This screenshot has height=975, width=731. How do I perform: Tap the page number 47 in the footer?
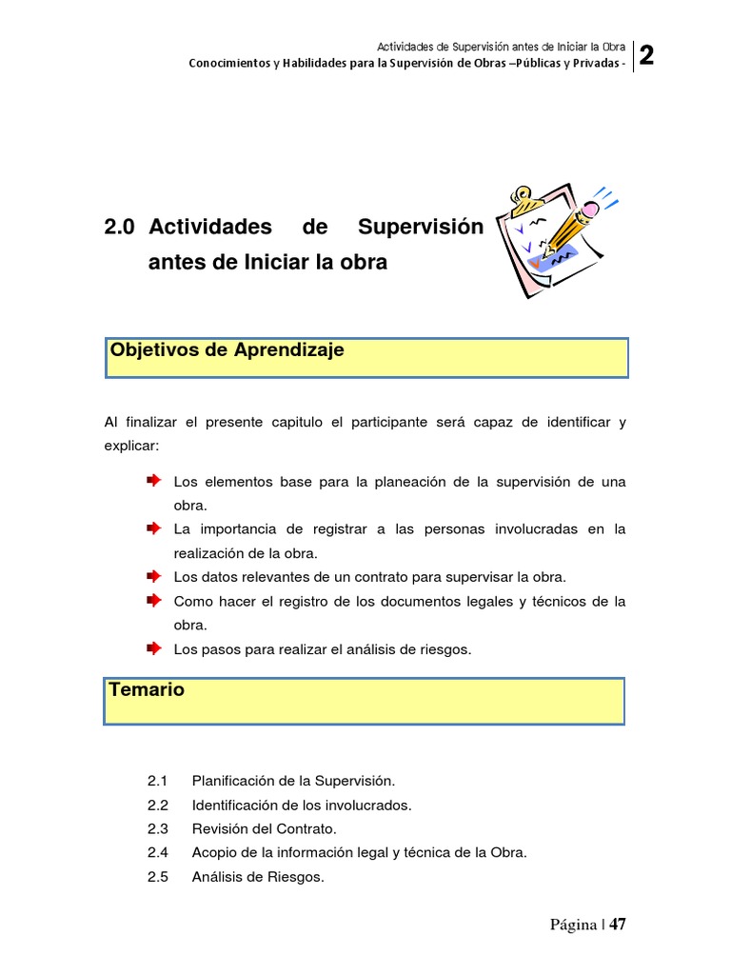point(619,925)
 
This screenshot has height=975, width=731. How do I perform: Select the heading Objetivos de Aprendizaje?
point(227,350)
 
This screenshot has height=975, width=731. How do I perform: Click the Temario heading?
point(147,689)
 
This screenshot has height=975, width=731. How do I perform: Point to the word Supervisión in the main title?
point(420,228)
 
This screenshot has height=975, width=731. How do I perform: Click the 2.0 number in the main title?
point(120,228)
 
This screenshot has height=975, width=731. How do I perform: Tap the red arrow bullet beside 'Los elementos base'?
point(153,481)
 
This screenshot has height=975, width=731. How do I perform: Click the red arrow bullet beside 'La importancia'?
point(153,527)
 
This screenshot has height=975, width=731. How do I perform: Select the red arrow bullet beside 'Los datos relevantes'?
point(153,576)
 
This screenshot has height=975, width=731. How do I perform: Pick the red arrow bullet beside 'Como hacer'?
point(153,600)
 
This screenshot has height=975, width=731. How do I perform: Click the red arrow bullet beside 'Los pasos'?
point(153,648)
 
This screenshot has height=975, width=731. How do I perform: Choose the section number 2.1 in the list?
point(158,781)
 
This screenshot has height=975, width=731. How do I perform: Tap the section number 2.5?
point(158,878)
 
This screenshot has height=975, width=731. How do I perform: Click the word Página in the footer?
point(572,925)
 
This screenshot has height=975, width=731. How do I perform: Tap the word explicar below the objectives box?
point(131,445)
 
